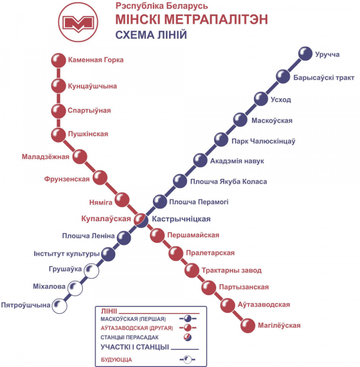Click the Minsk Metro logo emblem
click(x=78, y=22)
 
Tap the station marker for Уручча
click(x=305, y=53)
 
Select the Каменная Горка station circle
click(x=58, y=61)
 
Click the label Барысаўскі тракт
click(x=323, y=77)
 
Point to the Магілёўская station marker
click(x=248, y=326)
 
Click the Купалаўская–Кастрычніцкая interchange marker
click(x=141, y=220)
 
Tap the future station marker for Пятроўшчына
click(x=59, y=306)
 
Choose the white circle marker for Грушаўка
click(x=91, y=271)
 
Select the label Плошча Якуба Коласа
click(x=229, y=182)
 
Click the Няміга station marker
click(x=122, y=200)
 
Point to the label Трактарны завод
click(x=232, y=270)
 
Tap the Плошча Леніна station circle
click(x=124, y=238)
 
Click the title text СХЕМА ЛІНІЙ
click(x=151, y=35)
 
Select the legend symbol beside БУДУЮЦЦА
click(x=187, y=359)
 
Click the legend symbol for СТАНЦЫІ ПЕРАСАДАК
click(x=187, y=337)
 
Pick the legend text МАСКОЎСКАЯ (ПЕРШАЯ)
click(x=133, y=319)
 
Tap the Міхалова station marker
click(x=75, y=288)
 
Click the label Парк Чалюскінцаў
click(x=263, y=142)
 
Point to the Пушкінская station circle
click(x=58, y=135)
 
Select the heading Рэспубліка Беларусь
click(x=161, y=6)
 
